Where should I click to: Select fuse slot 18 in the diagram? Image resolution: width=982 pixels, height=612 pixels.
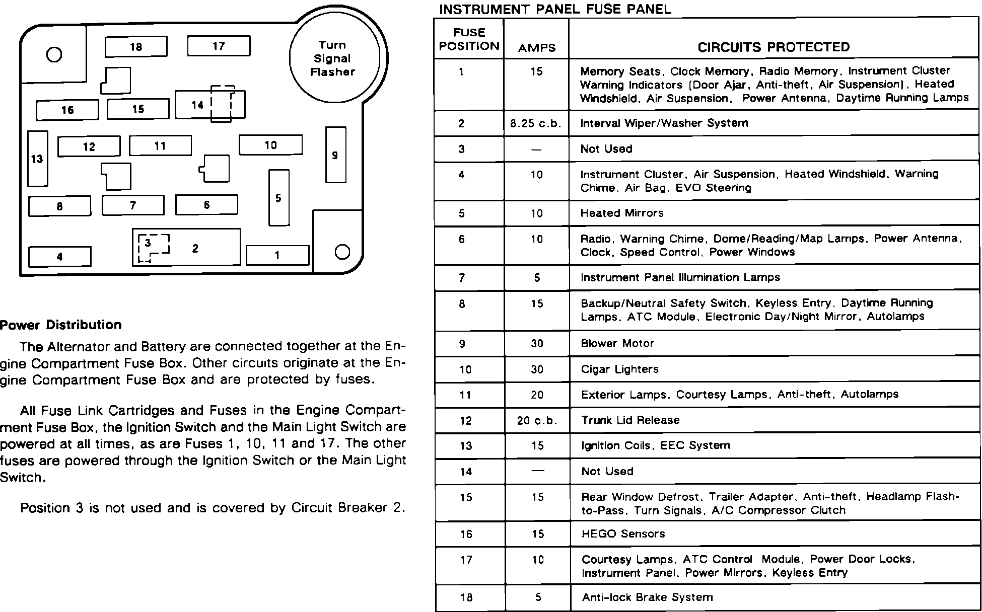[136, 47]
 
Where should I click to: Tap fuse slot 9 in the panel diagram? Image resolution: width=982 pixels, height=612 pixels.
[335, 155]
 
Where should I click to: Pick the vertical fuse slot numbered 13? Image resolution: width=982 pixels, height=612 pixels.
[37, 159]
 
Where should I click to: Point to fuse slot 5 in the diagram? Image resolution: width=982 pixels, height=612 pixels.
[278, 198]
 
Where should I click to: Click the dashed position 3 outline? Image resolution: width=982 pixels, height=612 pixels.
[153, 248]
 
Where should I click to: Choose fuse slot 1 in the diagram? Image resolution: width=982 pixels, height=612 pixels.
[277, 255]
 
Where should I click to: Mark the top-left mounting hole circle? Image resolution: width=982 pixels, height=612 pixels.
[54, 54]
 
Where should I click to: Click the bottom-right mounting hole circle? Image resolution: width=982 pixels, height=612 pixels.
[342, 252]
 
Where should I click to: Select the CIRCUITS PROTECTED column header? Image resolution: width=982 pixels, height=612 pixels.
[774, 47]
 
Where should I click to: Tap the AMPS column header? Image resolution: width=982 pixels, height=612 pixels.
[536, 48]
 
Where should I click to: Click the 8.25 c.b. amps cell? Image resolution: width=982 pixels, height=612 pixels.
[536, 123]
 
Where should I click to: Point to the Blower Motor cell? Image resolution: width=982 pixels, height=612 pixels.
[617, 344]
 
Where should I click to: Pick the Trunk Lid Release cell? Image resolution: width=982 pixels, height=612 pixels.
[630, 420]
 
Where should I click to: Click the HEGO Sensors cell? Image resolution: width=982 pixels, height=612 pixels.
[623, 534]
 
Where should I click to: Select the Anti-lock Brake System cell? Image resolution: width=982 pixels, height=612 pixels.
[648, 597]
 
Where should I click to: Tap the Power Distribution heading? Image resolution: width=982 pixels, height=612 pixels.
[61, 325]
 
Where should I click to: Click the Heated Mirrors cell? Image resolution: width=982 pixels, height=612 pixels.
[622, 213]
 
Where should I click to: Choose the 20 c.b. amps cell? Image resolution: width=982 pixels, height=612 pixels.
[537, 421]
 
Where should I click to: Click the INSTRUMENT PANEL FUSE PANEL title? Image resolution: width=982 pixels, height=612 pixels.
[555, 9]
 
